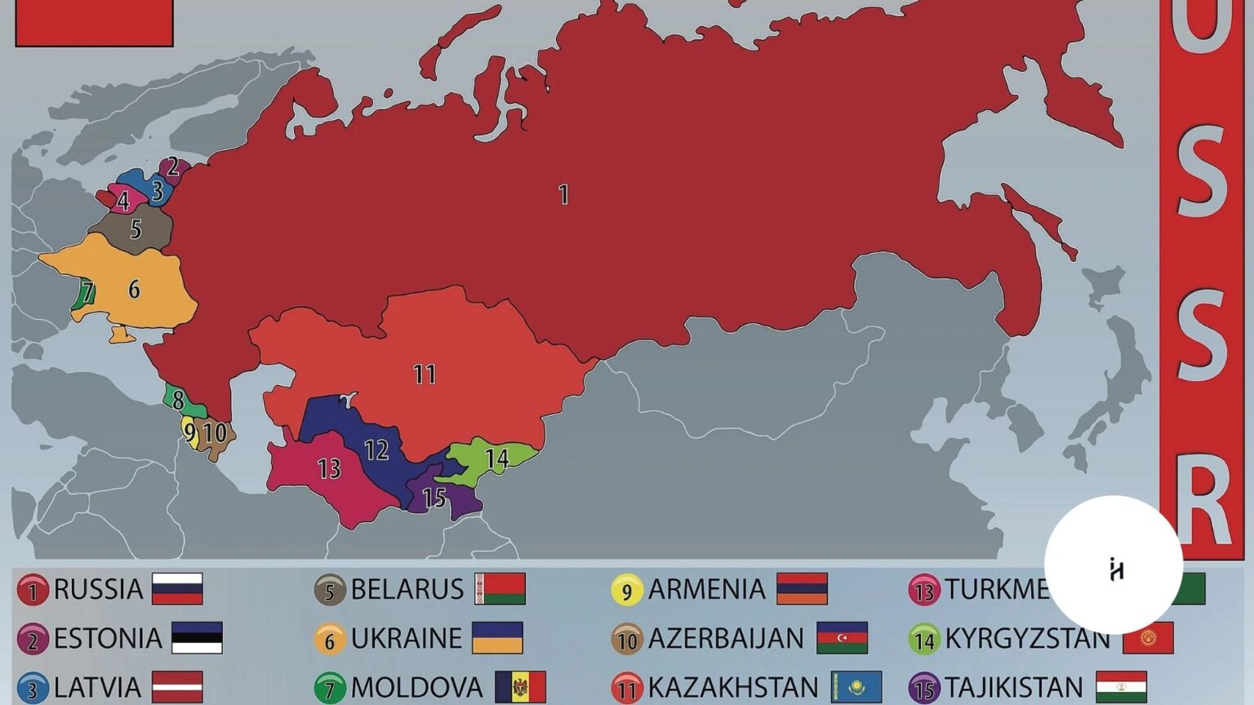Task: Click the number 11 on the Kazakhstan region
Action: tap(425, 375)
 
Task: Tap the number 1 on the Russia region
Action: tap(563, 194)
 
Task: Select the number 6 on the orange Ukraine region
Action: tap(134, 289)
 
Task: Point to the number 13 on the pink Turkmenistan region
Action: tap(329, 468)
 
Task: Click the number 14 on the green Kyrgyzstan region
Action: tap(496, 459)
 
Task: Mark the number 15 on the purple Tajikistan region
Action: tap(434, 497)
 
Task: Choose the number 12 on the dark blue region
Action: tap(376, 450)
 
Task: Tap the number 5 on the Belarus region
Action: tap(136, 229)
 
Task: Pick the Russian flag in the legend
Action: tap(177, 588)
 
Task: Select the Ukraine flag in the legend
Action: tap(497, 638)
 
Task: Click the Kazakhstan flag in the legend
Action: tap(856, 687)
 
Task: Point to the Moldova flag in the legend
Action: tap(520, 687)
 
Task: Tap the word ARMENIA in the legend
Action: tap(707, 589)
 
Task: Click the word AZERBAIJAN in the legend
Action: tap(726, 638)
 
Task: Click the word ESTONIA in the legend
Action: tap(108, 638)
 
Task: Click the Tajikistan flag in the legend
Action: tap(1121, 687)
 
